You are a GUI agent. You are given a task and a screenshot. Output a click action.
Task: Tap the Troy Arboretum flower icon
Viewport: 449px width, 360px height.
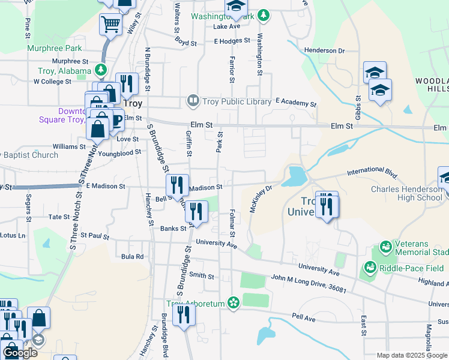tap(233, 303)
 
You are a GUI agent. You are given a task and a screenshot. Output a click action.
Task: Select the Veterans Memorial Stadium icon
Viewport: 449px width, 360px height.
tap(385, 246)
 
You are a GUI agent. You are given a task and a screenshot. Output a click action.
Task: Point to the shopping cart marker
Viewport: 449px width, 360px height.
tap(110, 25)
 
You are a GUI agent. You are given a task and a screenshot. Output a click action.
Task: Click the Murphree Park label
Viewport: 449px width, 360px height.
tap(53, 47)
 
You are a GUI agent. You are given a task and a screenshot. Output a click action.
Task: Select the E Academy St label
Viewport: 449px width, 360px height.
tap(295, 103)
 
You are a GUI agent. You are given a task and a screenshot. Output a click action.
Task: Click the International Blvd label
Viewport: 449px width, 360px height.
tap(373, 174)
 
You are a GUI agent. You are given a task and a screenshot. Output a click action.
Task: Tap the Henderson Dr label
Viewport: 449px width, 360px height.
tap(324, 50)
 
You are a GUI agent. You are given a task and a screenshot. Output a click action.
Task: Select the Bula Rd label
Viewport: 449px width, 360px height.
tap(132, 256)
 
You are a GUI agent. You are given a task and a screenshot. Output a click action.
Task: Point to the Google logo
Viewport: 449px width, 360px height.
tap(20, 353)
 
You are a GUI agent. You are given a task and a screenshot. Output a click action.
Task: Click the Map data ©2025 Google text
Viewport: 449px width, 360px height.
tap(412, 355)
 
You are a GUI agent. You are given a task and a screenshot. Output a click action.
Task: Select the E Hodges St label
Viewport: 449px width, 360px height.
tap(232, 41)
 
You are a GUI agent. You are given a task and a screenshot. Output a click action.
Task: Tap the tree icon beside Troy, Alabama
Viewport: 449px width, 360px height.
tap(101, 71)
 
